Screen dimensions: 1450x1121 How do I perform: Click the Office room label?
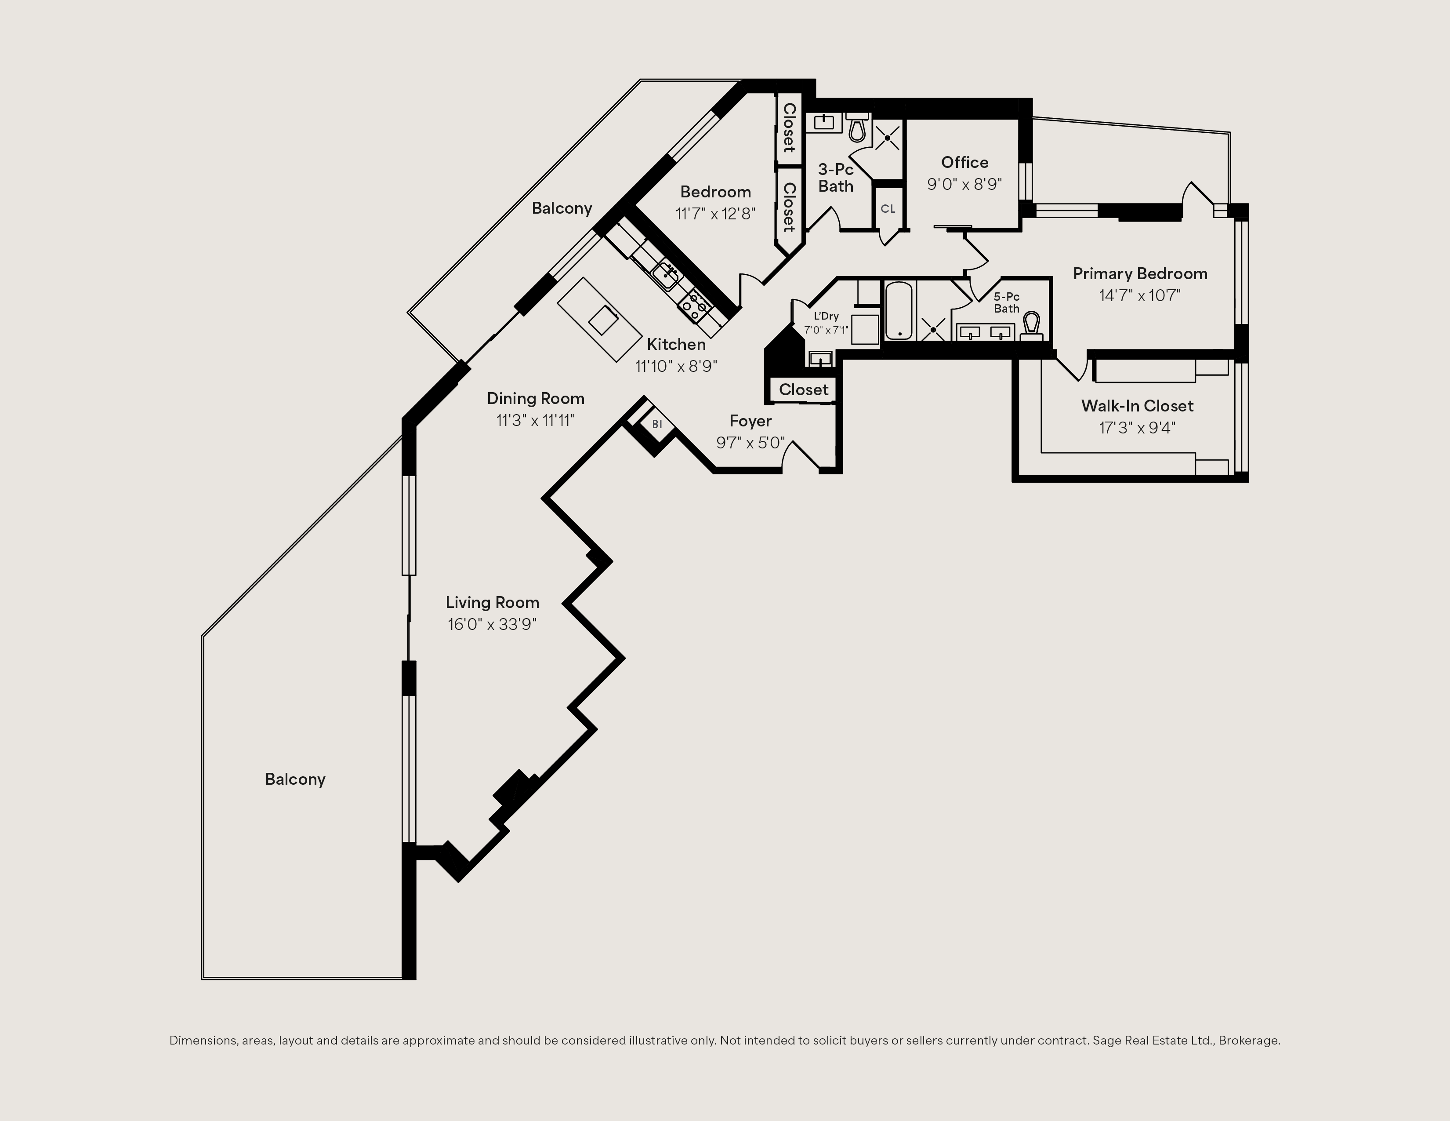[964, 163]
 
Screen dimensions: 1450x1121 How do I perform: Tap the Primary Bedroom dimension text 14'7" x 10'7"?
[1140, 295]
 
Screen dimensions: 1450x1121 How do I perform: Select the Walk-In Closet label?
[1137, 406]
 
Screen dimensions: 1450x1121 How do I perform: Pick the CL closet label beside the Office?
[888, 208]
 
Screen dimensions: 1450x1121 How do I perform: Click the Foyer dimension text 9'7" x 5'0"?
[750, 442]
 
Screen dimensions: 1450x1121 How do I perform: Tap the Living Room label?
[492, 602]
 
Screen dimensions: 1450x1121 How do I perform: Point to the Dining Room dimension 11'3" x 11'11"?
[535, 420]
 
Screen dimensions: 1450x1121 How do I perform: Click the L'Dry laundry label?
[826, 316]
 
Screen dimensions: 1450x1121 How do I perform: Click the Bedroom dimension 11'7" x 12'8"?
[716, 214]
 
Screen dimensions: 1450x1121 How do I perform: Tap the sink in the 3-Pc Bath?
[824, 122]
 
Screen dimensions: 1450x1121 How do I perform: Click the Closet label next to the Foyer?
[803, 390]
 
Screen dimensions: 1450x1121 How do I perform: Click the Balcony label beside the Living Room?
[295, 779]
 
